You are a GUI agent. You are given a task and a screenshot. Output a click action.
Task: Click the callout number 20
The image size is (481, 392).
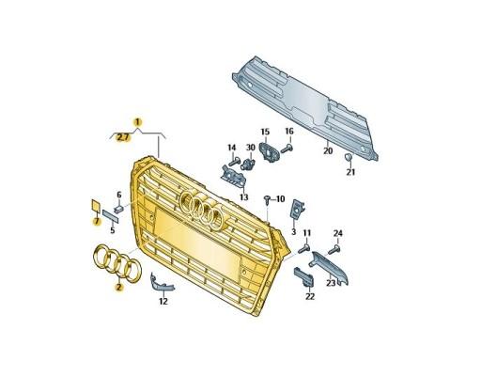[327, 150]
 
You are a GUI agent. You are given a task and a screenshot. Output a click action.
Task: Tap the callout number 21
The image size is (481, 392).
[349, 173]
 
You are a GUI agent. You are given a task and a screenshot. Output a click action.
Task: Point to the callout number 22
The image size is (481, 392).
[310, 295]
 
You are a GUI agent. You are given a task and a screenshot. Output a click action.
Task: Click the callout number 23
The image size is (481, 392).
[331, 282]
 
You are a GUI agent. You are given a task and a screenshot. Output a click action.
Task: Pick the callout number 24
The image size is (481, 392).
[338, 233]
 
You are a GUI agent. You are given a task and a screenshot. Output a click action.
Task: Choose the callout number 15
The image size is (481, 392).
[265, 132]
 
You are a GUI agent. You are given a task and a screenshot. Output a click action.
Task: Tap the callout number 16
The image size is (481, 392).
[289, 131]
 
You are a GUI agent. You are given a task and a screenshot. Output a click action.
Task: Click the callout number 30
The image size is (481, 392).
[251, 148]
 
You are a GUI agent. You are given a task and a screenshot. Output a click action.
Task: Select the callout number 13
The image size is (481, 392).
[243, 197]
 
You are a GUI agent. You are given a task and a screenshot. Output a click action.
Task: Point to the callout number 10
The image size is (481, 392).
[279, 199]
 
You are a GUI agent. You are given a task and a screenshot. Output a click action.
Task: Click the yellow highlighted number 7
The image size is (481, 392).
[95, 222]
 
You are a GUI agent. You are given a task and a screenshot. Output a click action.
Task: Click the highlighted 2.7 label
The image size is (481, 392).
[122, 137]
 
